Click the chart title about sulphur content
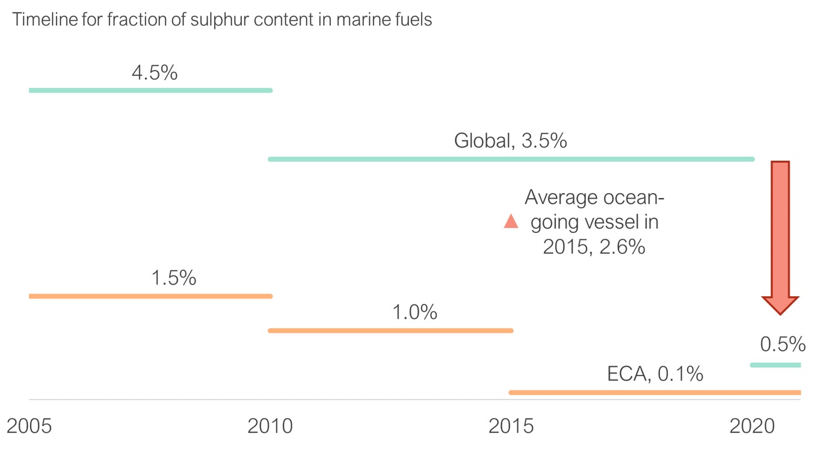coord(222,19)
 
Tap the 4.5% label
coord(155,73)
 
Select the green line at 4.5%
coord(150,90)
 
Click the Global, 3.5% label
coord(510,141)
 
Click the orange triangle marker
coord(511,222)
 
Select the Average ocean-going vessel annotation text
coord(593,222)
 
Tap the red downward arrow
coord(780,229)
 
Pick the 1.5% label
coord(174,278)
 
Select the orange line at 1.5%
coord(150,296)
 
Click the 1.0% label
coord(414,313)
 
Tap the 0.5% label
coord(783,344)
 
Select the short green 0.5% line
coord(775,365)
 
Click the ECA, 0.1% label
coord(655,374)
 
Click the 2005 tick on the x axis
coord(29,426)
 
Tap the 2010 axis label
coord(270,426)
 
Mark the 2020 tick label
coord(753,426)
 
